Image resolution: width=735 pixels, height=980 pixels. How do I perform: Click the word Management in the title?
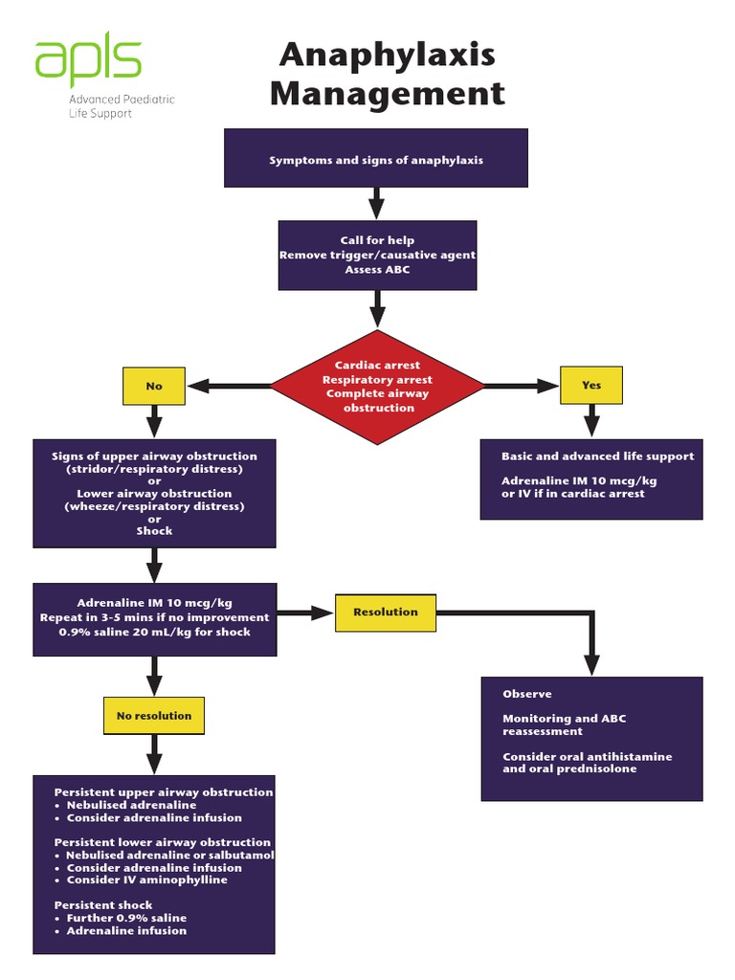point(387,94)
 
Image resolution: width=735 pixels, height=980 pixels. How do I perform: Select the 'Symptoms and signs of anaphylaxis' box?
point(376,159)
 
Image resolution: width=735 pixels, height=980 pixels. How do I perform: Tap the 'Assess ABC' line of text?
point(377,270)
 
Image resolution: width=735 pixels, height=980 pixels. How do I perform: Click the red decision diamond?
point(377,387)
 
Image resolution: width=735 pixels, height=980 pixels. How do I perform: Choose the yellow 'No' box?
point(154,386)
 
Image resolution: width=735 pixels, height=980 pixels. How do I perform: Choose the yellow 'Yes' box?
point(591,385)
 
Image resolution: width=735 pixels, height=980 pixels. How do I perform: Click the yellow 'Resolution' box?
point(385,612)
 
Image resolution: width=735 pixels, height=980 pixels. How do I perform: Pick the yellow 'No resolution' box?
point(154,716)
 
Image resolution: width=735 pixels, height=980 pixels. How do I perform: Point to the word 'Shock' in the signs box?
point(154,530)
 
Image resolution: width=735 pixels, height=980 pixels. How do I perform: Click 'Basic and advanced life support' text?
point(597,457)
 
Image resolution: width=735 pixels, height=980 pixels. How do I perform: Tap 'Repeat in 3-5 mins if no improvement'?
point(154,617)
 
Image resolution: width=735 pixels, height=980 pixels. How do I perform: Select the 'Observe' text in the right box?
point(527,694)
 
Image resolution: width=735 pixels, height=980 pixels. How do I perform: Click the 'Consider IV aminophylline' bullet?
point(146,880)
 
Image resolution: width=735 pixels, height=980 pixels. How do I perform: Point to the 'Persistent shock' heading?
point(103,904)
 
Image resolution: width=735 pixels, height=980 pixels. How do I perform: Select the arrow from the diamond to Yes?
point(523,386)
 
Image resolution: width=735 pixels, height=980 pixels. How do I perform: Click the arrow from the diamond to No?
point(230,386)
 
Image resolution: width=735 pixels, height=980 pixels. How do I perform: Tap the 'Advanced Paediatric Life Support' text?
point(121,106)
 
